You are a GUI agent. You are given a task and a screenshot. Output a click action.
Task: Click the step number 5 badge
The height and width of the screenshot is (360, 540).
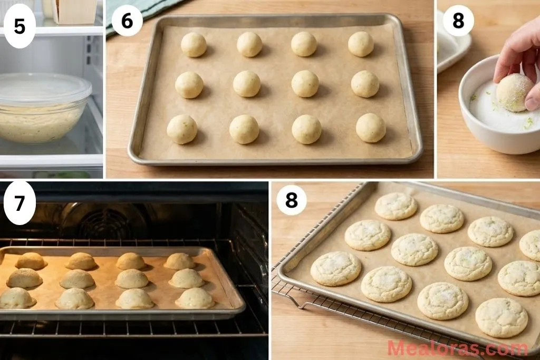20,26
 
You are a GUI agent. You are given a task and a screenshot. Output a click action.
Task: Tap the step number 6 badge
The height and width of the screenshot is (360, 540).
127,21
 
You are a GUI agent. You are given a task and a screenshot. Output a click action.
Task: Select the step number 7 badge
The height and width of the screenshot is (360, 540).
20,203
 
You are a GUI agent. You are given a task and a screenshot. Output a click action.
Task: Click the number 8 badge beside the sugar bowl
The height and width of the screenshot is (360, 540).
458,21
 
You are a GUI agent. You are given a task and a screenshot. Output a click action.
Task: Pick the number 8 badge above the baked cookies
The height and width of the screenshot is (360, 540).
291,200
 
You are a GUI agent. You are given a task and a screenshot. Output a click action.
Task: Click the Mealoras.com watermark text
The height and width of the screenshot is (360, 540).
457,348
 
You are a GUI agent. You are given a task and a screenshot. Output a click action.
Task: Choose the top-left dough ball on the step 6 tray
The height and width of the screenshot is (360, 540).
194,44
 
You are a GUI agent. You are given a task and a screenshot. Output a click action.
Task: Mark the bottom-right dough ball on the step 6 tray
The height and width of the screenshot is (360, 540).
371,128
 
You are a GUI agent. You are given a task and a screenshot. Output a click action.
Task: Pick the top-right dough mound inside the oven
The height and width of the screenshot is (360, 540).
179,261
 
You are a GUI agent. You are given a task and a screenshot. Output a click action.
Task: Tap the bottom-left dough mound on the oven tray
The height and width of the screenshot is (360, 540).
16,298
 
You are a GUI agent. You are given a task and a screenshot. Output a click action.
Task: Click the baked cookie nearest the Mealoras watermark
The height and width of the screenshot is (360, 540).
501,317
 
